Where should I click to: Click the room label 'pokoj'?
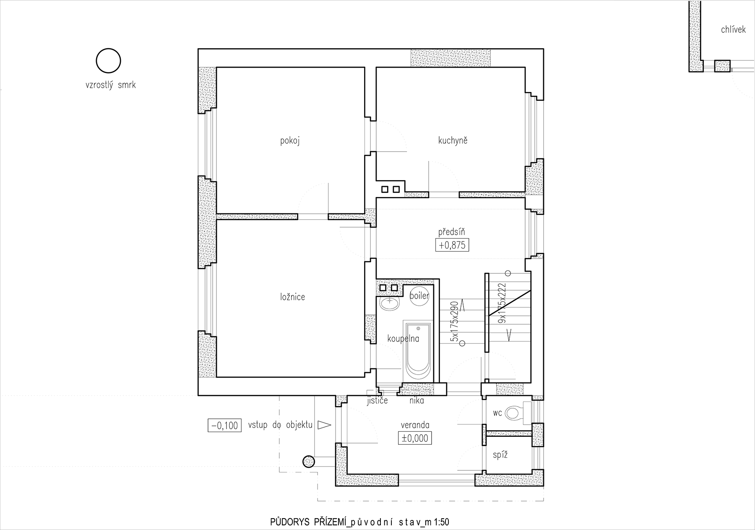(290, 141)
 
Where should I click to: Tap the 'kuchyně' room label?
(453, 140)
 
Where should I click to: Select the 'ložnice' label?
(292, 297)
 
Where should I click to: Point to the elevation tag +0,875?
(452, 245)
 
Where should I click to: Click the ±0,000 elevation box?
(415, 438)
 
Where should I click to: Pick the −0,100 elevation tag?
(225, 425)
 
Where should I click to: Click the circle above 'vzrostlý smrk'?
(109, 61)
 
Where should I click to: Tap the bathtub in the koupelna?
(418, 352)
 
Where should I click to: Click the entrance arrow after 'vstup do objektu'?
(324, 425)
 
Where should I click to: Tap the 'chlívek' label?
(733, 29)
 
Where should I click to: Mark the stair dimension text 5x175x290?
(453, 321)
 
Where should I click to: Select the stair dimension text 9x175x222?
(501, 303)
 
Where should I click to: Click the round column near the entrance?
(309, 462)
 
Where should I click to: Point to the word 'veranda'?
(415, 425)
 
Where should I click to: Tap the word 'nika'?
(417, 401)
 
